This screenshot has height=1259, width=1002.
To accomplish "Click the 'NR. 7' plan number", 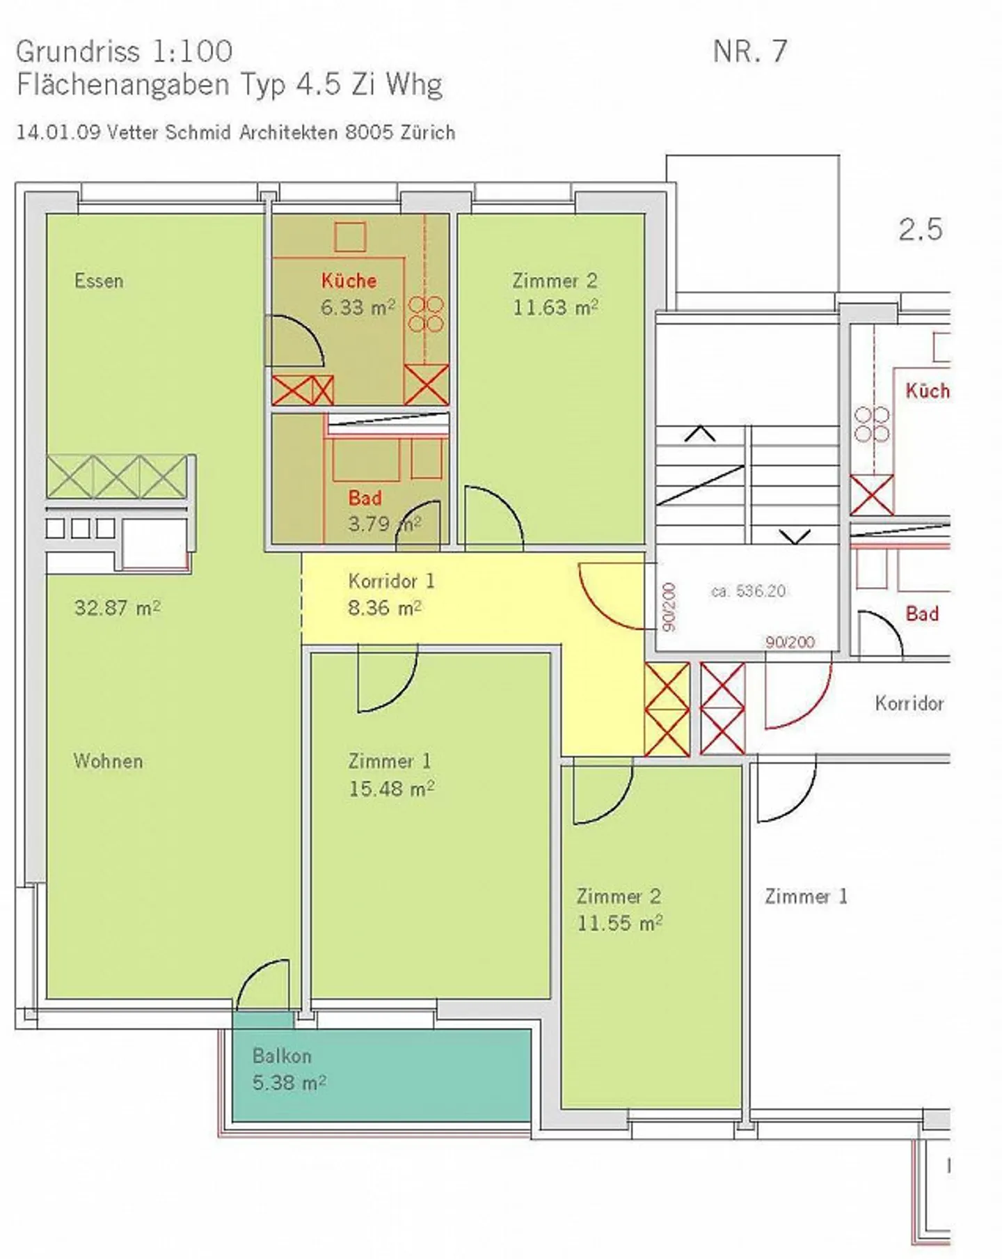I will (749, 52).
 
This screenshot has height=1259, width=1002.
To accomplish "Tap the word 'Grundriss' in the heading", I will (77, 52).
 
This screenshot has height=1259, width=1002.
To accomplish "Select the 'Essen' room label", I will (99, 281).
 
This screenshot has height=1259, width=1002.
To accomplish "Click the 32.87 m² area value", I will (117, 608).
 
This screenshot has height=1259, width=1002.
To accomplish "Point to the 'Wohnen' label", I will (108, 761).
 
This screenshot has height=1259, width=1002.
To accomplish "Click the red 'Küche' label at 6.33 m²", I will (349, 281).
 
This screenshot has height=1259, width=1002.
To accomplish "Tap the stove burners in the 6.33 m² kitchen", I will (426, 314).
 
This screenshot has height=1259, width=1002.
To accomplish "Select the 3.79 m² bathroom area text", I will (384, 524).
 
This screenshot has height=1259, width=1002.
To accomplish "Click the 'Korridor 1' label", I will (391, 581).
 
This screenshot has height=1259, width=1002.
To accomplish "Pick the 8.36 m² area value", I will (384, 608).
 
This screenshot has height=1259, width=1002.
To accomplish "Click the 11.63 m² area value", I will (555, 308).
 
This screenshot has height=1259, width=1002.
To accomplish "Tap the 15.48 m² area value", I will (391, 789).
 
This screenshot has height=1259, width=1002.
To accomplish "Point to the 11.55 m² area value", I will (619, 923).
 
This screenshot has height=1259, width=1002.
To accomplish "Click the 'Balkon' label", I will (282, 1056).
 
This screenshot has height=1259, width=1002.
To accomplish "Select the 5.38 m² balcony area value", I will (289, 1083).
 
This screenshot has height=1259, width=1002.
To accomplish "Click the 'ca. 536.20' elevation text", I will (748, 591).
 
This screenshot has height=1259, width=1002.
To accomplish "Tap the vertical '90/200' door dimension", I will (669, 607).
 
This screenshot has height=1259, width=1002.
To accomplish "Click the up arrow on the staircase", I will (700, 434).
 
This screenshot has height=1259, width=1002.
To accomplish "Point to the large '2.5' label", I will (920, 230).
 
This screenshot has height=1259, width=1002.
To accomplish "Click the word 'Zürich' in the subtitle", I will (428, 132).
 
